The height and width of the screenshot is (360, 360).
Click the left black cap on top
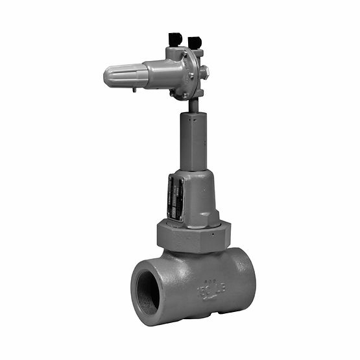pyautogui.click(x=174, y=40)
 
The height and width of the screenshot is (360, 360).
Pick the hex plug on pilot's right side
pyautogui.click(x=203, y=71)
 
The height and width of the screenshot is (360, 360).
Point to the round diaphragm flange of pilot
pyautogui.click(x=189, y=73)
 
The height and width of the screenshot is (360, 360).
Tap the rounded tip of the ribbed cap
pyautogui.click(x=106, y=77)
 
